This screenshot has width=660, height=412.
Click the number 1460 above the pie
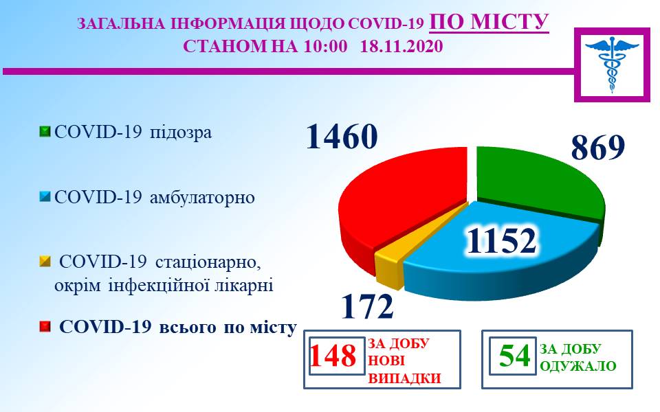click(x=342, y=137)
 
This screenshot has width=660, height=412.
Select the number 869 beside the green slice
click(x=597, y=148)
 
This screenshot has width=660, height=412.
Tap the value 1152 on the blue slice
click(x=502, y=241)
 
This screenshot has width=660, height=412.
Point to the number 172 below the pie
click(x=367, y=306)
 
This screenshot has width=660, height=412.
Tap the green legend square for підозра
click(x=45, y=132)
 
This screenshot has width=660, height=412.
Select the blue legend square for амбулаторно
click(x=45, y=197)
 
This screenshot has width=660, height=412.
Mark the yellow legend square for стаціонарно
click(x=45, y=262)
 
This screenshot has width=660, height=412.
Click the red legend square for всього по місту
click(x=45, y=327)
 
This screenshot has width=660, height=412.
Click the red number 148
click(x=333, y=356)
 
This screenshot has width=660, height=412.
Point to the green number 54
click(x=514, y=356)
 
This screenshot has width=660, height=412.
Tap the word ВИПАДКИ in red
click(x=404, y=378)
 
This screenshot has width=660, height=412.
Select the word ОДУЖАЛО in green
click(x=578, y=366)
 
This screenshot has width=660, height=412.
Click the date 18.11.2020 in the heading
click(x=401, y=46)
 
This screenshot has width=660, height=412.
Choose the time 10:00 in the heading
click(x=325, y=46)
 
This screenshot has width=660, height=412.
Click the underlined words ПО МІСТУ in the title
click(x=489, y=22)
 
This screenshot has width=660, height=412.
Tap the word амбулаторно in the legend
click(x=202, y=197)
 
